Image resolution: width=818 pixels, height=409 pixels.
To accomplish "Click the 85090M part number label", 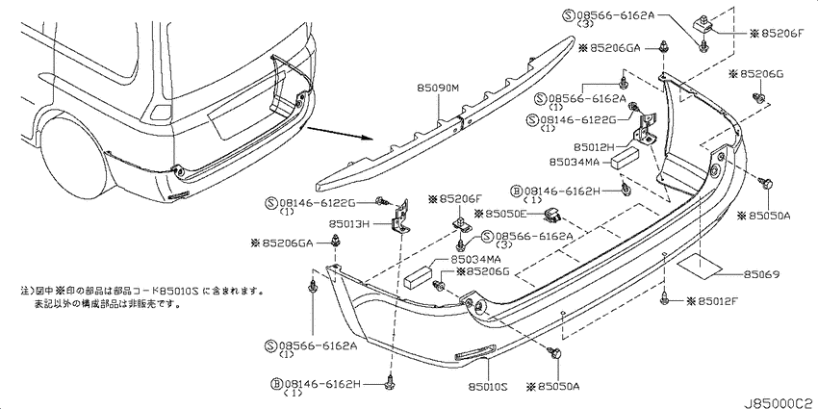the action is pos(438,89).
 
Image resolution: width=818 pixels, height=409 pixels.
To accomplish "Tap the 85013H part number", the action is pos(349,225).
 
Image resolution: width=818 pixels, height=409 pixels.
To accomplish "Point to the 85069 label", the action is pos(761,274).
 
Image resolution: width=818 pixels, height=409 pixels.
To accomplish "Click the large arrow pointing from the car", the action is pos(340,134).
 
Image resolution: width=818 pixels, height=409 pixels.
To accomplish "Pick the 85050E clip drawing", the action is pos(552,213).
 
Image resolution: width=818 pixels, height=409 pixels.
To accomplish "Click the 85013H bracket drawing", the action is pos(400,219).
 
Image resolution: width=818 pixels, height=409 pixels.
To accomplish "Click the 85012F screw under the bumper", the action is pos(665,298).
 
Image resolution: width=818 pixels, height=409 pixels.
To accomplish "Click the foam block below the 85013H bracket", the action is pos(419,276).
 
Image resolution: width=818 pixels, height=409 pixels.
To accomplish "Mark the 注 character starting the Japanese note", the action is pos(24,290).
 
